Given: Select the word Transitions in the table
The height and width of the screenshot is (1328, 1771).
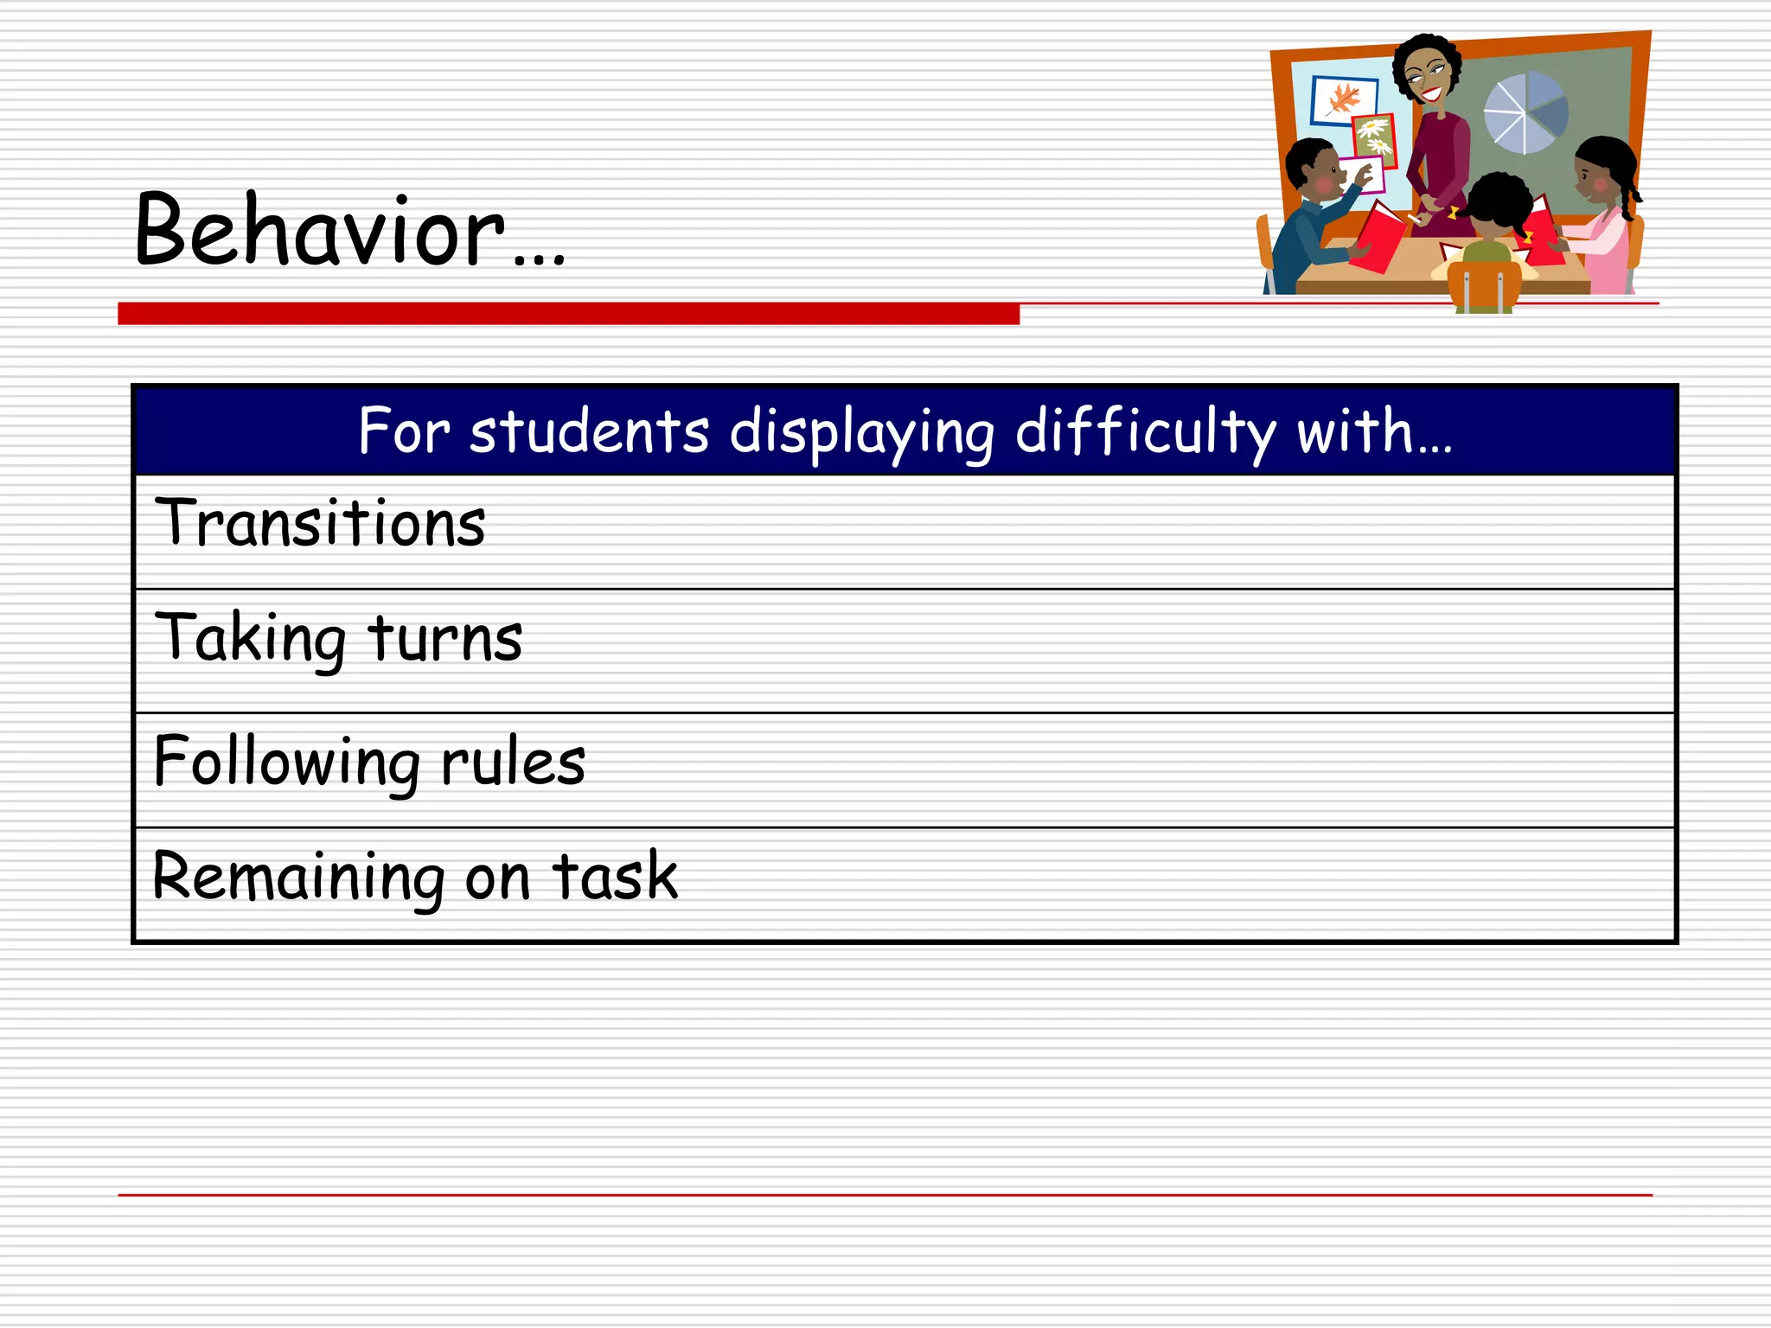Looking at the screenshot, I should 320,524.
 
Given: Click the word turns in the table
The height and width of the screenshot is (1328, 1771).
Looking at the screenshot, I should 445,640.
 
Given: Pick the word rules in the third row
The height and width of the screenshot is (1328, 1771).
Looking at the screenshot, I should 513,763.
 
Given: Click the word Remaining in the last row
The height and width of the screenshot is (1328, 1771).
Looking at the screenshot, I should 297,877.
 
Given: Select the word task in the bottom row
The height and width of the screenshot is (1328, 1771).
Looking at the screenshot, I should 615,877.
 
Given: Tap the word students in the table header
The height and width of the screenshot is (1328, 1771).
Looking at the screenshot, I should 589,431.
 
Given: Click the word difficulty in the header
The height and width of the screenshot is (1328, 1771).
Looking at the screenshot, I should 1145,431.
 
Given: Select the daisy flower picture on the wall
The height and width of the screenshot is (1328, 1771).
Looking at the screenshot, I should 1373,137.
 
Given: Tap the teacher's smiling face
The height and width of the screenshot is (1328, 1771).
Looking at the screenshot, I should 1427,78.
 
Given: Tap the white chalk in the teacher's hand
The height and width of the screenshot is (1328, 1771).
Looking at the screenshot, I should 1415,218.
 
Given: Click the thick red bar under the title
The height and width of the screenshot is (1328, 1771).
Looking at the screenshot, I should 568,314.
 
